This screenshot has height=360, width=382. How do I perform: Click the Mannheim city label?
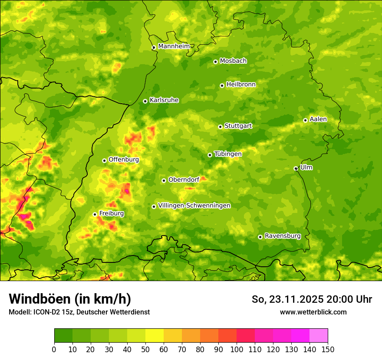coord(174,46)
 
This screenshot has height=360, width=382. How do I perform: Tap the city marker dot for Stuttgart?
coord(220,127)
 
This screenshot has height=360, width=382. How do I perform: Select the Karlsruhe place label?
coord(164,100)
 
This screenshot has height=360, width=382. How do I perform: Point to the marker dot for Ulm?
coord(296,168)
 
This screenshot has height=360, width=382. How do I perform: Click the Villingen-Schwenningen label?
coord(194,206)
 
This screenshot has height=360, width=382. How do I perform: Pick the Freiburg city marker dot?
coord(95,214)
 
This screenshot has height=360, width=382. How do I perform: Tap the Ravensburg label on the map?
coord(283,236)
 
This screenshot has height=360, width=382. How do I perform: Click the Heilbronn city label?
coord(241,85)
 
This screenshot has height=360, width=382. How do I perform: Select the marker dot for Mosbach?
coord(215,62)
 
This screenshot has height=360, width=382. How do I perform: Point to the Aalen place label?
coord(318,119)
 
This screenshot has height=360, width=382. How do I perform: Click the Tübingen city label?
coord(228,154)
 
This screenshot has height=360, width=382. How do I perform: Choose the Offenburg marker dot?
coord(104,160)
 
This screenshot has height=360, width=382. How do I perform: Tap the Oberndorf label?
coord(184,180)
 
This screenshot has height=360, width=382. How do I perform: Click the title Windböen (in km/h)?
coord(70,299)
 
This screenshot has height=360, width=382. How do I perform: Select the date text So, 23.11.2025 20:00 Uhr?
coord(312,299)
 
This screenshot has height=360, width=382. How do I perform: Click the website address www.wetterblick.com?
coord(313,312)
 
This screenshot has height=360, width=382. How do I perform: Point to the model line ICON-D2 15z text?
coord(79,312)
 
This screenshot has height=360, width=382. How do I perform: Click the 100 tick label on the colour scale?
coord(237,349)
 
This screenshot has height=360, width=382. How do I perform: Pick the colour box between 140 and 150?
coord(319,335)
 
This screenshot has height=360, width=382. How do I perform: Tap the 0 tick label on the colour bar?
coord(54,349)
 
